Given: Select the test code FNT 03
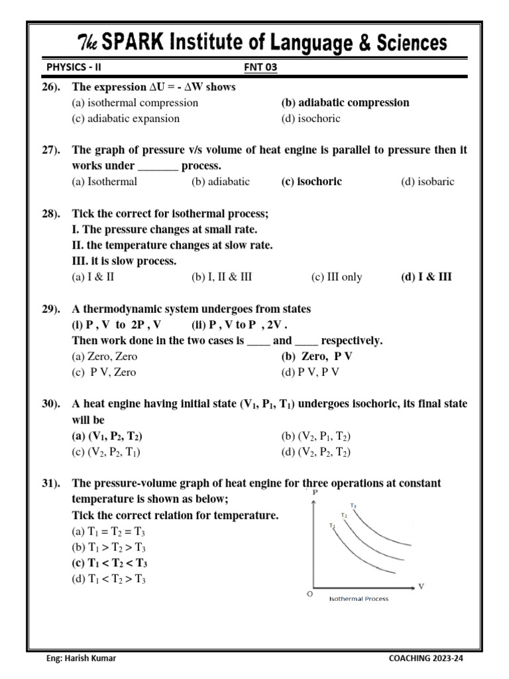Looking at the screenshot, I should [260, 67].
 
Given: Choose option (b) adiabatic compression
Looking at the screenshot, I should [345, 103].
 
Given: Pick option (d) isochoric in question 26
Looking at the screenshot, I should [311, 119].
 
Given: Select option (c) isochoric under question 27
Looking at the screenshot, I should [311, 182].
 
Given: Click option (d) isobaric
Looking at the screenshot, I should [427, 182].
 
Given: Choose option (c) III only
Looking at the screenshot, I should [337, 277].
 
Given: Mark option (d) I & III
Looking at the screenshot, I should [426, 277].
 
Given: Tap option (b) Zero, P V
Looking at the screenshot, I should [317, 357].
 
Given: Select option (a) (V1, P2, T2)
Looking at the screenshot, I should [107, 436].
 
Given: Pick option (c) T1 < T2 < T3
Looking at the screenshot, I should [109, 564].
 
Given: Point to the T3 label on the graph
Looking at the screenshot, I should [354, 506].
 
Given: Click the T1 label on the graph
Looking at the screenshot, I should [331, 526].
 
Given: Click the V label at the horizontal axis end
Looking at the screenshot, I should [421, 586].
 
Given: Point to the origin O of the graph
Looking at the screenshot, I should [309, 594].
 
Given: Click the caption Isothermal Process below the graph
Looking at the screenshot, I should [359, 599].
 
